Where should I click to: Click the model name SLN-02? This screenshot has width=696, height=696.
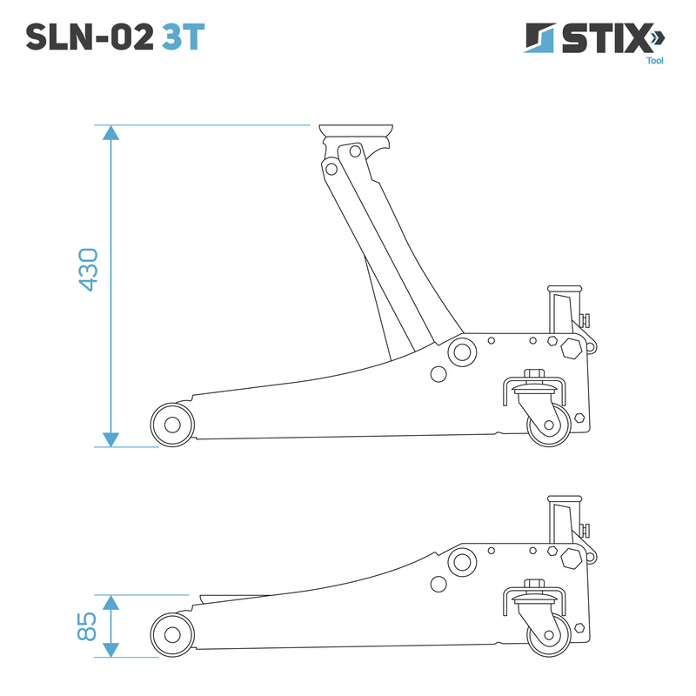pos(90,37)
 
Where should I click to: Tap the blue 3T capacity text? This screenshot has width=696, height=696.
pos(183,37)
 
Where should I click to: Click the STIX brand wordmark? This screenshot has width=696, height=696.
pos(606,38)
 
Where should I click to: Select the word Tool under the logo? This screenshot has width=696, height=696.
pos(655,61)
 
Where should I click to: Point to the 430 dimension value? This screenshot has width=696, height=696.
pos(88,270)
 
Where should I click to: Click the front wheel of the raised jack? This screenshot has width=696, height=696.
pos(172,425)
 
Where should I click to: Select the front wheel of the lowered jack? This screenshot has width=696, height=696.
pos(172,635)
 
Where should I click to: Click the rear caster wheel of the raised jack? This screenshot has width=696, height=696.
pos(549,425)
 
